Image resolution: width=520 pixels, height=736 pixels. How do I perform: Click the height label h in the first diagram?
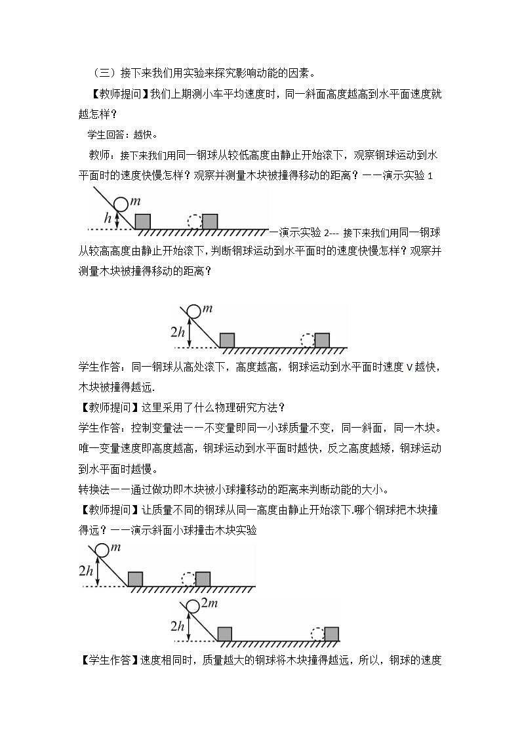108,218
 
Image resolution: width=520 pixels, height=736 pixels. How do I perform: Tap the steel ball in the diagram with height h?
122,206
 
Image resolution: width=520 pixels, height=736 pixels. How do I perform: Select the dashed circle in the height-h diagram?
195,222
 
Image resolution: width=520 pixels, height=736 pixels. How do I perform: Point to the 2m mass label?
209,603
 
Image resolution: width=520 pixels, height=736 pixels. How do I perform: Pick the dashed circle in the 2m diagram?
317,634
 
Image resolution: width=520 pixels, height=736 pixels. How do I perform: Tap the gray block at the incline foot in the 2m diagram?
224,634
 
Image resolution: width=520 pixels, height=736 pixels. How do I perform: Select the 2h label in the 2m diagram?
177,626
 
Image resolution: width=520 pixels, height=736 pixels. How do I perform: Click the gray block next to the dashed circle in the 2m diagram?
332,634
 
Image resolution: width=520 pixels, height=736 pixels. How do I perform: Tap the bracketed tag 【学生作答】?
109,660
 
